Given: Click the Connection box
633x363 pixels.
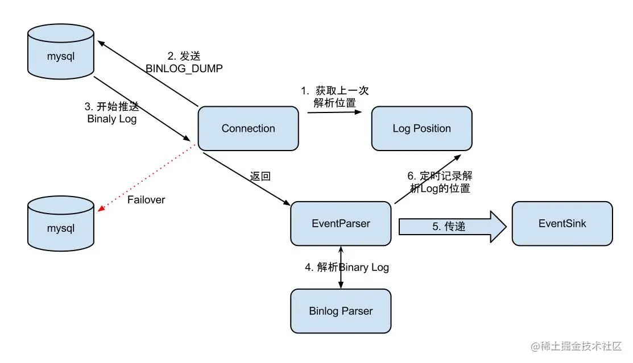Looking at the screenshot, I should pyautogui.click(x=248, y=128).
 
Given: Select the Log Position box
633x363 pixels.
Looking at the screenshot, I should pyautogui.click(x=421, y=128).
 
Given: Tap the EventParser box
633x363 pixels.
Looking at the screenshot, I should pyautogui.click(x=341, y=223).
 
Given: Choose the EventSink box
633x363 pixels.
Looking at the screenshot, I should pyautogui.click(x=562, y=223).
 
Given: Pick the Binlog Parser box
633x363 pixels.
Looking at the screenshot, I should pyautogui.click(x=341, y=311).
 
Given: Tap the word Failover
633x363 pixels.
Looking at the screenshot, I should pyautogui.click(x=146, y=200).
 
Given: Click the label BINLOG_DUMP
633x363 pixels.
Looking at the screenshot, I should pyautogui.click(x=184, y=69).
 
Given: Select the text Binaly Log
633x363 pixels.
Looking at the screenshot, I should pyautogui.click(x=112, y=119).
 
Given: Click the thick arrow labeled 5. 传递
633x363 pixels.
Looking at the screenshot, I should pyautogui.click(x=452, y=226).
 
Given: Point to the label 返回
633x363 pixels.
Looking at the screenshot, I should pyautogui.click(x=260, y=176).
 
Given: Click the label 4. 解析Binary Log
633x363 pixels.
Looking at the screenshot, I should pyautogui.click(x=346, y=267).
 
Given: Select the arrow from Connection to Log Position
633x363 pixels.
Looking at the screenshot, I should pyautogui.click(x=334, y=112).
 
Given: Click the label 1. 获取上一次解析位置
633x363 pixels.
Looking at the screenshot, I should pyautogui.click(x=336, y=97).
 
